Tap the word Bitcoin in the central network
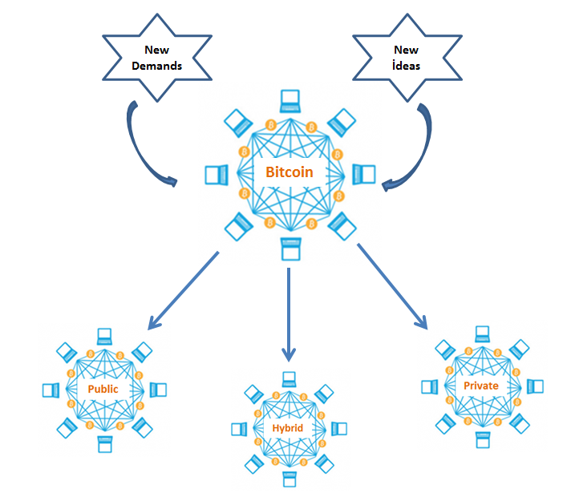coord(289,172)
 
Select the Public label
coord(103,389)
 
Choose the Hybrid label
coord(287,429)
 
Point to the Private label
coord(481,386)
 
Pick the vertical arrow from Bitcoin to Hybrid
coord(289,313)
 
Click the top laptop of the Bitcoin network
coord(290,101)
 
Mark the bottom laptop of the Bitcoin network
coord(290,248)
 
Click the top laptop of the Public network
coord(104,336)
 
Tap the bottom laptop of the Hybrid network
coord(287,480)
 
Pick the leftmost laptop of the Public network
coord(51,390)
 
